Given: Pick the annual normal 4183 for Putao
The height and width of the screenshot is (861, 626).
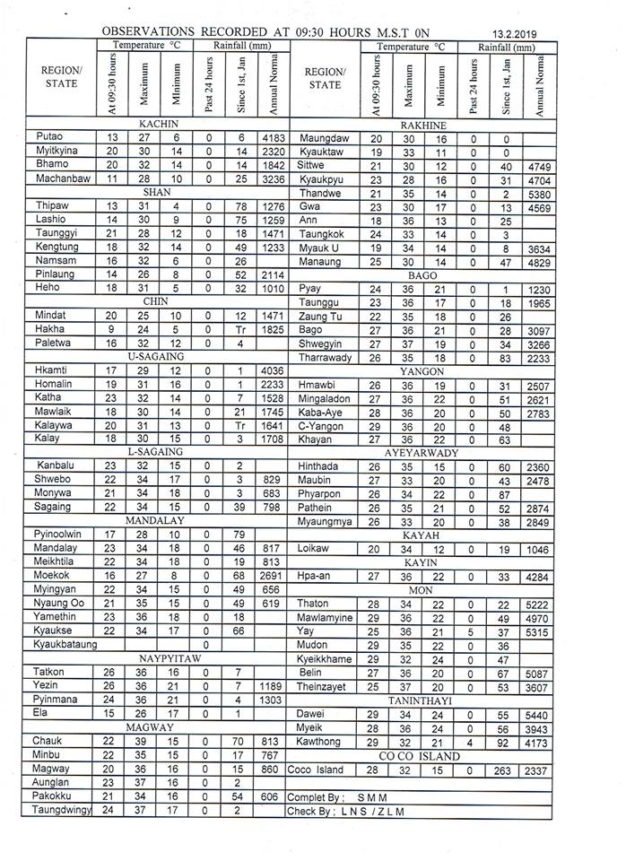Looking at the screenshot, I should point(271,137).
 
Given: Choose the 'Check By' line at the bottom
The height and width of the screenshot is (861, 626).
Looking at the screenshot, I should point(345,812).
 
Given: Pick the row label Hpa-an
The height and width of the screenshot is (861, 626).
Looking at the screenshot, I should point(317,577).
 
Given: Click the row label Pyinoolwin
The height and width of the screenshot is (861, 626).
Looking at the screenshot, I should point(57,535).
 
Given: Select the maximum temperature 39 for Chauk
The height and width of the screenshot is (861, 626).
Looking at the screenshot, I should point(143,741).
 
